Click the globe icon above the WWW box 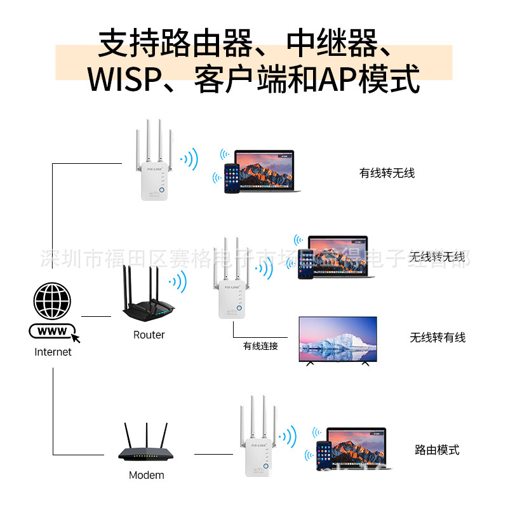pyautogui.click(x=53, y=301)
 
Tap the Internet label pyautogui.click(x=53, y=352)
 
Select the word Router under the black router pyautogui.click(x=149, y=335)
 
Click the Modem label pyautogui.click(x=146, y=475)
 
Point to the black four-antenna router pyautogui.click(x=147, y=298)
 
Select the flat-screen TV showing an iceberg pyautogui.click(x=338, y=340)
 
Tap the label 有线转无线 pyautogui.click(x=387, y=173)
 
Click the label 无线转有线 pyautogui.click(x=438, y=337)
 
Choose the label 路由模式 pyautogui.click(x=437, y=450)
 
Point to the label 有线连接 pyautogui.click(x=260, y=346)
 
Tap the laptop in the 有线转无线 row pyautogui.click(x=264, y=170)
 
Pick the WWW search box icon pyautogui.click(x=52, y=331)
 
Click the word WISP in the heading pyautogui.click(x=123, y=79)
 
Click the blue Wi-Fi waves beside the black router pyautogui.click(x=178, y=281)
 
